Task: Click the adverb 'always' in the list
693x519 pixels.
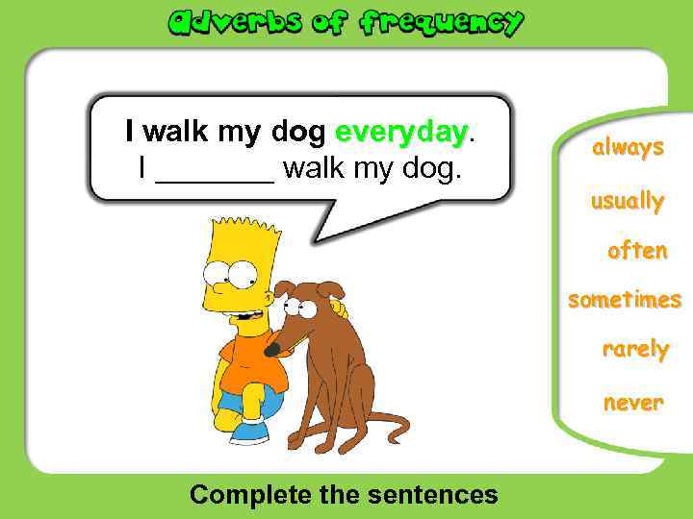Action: (628, 148)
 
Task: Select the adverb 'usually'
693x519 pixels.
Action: (628, 202)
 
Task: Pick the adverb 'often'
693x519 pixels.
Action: (637, 251)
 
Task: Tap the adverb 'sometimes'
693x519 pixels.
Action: (625, 300)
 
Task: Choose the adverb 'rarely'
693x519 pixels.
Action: (635, 349)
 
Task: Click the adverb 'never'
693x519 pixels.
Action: (633, 403)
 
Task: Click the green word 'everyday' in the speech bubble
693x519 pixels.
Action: (401, 132)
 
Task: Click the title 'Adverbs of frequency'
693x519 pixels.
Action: (346, 22)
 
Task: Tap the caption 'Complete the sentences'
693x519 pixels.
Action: (344, 494)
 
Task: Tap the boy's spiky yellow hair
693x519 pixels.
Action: (239, 236)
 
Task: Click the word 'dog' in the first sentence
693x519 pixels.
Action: (298, 132)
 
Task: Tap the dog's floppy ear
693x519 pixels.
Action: (330, 287)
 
